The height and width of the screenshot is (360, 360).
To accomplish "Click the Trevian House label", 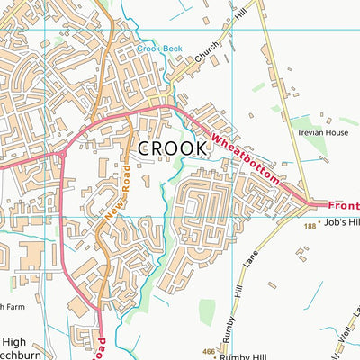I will [322, 132].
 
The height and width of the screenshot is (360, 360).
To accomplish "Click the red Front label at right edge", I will [344, 205].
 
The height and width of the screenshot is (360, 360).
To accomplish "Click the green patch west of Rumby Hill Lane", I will [207, 312].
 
